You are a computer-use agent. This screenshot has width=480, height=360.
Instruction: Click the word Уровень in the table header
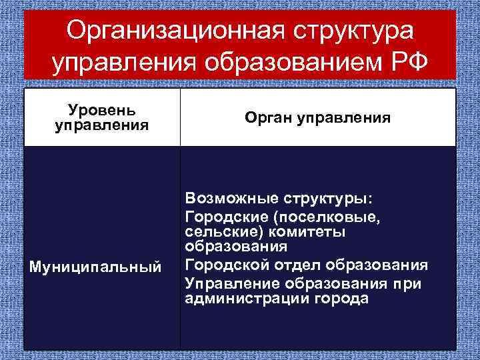point(102,109)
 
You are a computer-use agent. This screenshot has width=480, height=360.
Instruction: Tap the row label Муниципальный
point(94,267)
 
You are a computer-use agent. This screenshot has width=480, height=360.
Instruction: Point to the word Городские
point(222,216)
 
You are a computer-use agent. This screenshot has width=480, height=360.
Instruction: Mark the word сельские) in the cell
point(215,231)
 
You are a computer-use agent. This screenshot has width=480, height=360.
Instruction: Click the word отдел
point(289,265)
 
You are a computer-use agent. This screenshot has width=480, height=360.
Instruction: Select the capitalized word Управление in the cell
point(230,283)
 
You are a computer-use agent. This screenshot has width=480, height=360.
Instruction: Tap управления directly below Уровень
point(102,125)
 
